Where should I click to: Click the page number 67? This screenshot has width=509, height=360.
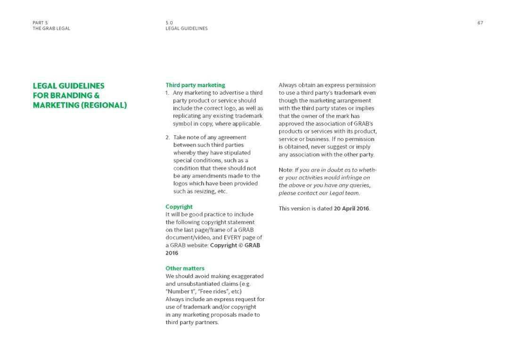[480, 23]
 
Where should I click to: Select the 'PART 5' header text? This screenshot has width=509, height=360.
[40, 23]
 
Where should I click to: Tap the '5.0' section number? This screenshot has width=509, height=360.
[169, 23]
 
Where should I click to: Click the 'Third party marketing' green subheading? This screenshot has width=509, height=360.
[195, 85]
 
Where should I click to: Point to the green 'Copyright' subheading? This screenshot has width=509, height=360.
[179, 207]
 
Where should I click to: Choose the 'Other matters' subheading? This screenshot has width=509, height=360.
[185, 269]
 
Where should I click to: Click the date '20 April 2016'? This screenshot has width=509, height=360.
[352, 208]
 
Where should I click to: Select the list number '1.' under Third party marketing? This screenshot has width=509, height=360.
[167, 93]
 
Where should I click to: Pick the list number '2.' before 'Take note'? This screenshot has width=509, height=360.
[167, 138]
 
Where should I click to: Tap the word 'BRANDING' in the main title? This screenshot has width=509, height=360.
[66, 96]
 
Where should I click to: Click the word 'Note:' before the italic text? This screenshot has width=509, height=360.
[286, 170]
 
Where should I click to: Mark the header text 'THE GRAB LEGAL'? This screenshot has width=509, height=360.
[51, 28]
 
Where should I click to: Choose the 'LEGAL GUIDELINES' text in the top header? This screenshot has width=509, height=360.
[187, 28]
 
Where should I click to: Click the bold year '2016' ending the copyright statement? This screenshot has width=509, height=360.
[172, 253]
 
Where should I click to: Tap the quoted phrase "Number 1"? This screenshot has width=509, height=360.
[180, 292]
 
